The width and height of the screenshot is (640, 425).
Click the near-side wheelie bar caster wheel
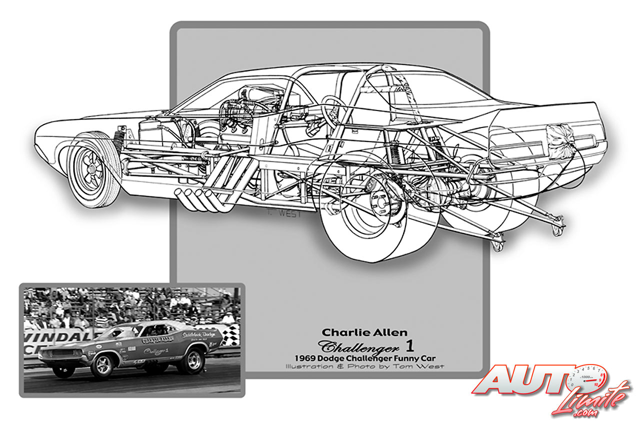[x=497, y=245]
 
